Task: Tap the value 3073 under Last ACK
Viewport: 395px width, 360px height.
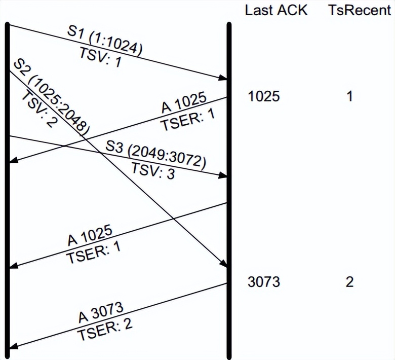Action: point(263,282)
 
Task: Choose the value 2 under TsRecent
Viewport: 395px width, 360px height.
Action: point(349,282)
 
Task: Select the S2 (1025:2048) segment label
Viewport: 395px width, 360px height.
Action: point(51,96)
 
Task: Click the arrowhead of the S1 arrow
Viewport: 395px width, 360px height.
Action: point(223,78)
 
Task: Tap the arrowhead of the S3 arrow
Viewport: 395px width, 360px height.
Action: point(223,175)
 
